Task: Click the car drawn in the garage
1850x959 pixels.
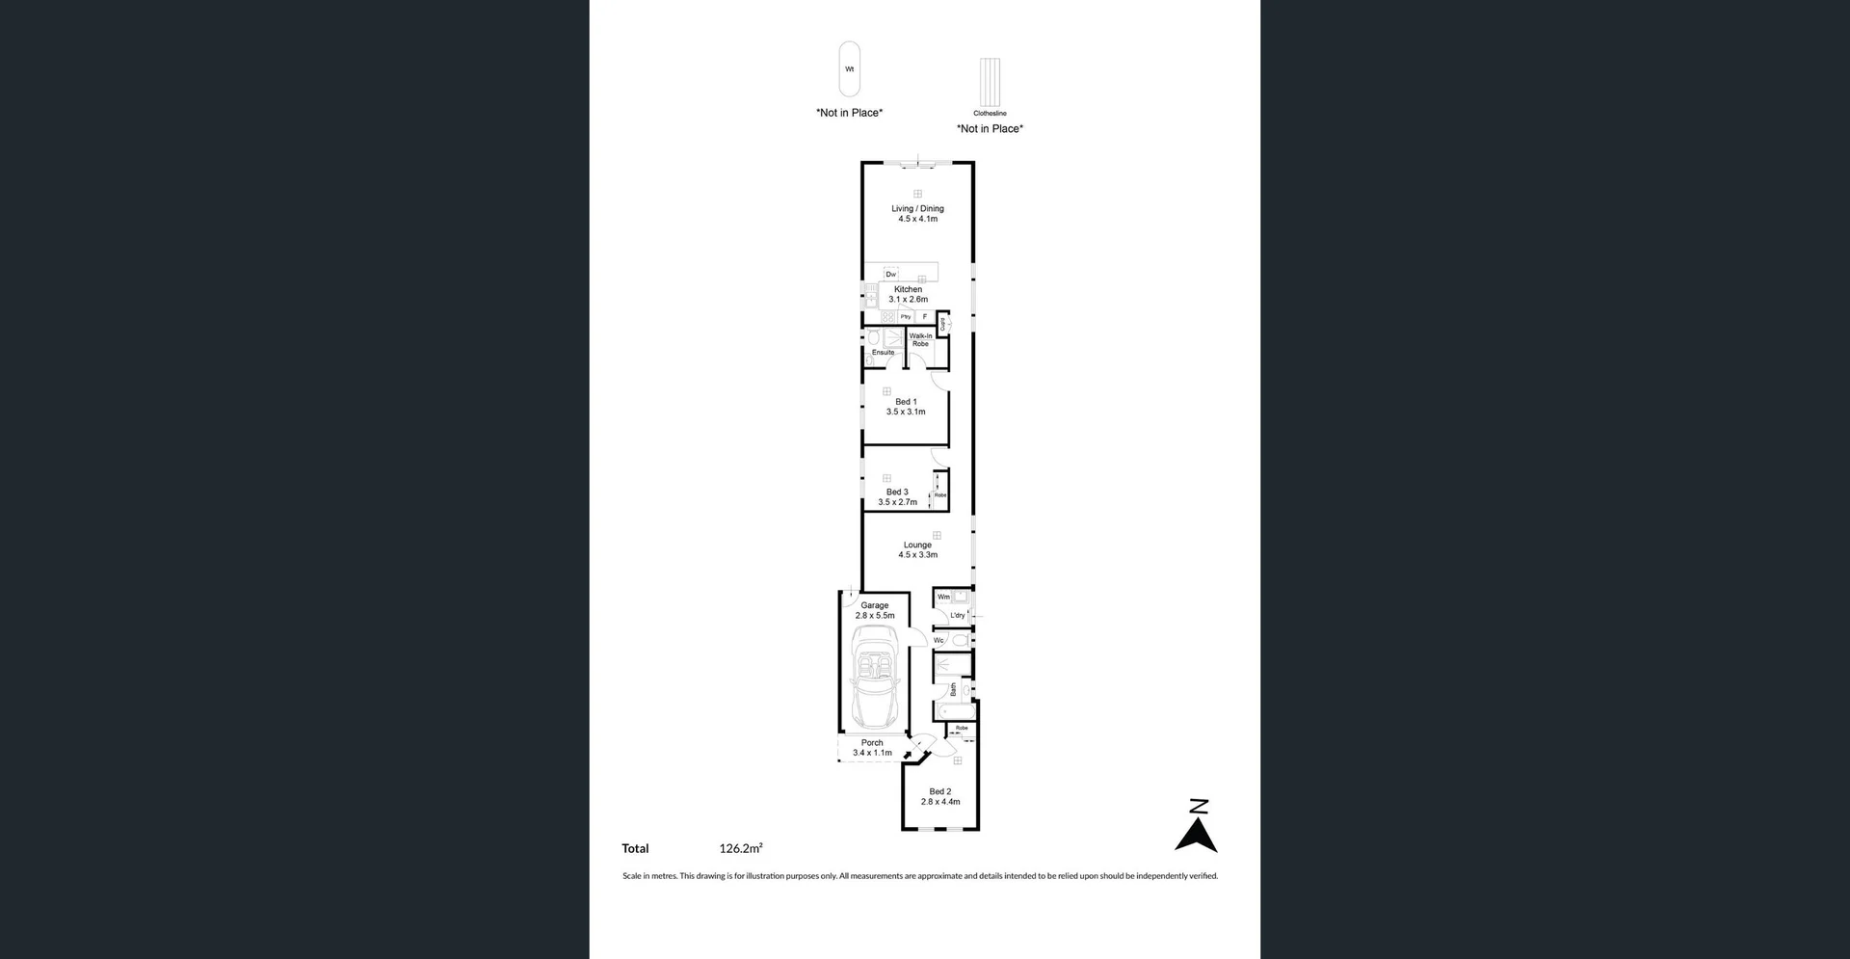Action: [875, 678]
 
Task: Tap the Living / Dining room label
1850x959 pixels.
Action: [917, 208]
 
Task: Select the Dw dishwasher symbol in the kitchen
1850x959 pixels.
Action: [891, 275]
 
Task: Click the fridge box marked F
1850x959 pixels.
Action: [925, 317]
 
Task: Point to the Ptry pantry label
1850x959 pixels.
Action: [906, 317]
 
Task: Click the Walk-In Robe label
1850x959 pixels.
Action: [920, 340]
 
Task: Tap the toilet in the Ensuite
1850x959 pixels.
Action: [874, 338]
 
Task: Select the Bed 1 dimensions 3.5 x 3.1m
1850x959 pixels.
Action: [906, 412]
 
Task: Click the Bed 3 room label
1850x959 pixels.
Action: [897, 492]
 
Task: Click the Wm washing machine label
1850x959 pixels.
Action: [943, 597]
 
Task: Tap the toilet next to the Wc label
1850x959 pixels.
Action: [960, 640]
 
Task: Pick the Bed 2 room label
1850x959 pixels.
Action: [939, 791]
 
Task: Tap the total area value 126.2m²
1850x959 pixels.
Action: [740, 849]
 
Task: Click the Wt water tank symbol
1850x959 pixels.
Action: [849, 68]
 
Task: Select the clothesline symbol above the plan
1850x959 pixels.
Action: [990, 83]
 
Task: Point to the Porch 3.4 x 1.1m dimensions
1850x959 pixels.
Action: [872, 753]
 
